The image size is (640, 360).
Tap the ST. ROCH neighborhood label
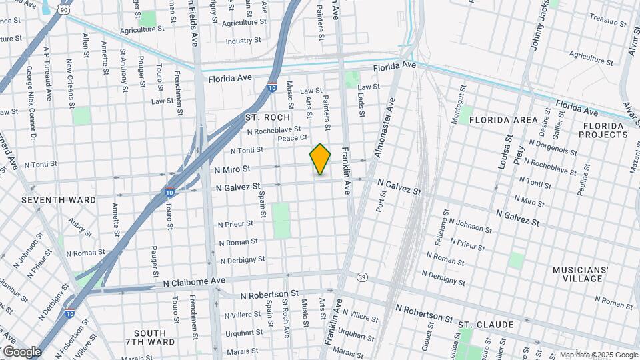coord(267,117)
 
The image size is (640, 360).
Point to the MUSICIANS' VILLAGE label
coord(581,274)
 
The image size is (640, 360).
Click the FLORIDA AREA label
coord(503,120)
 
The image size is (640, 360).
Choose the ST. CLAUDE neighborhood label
coord(485,325)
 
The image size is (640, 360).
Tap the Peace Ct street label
coord(292,138)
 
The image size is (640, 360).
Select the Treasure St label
coord(605,21)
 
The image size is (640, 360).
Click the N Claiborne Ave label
coord(195,283)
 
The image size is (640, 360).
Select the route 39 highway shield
coord(362,277)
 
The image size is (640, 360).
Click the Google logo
coord(22,351)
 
